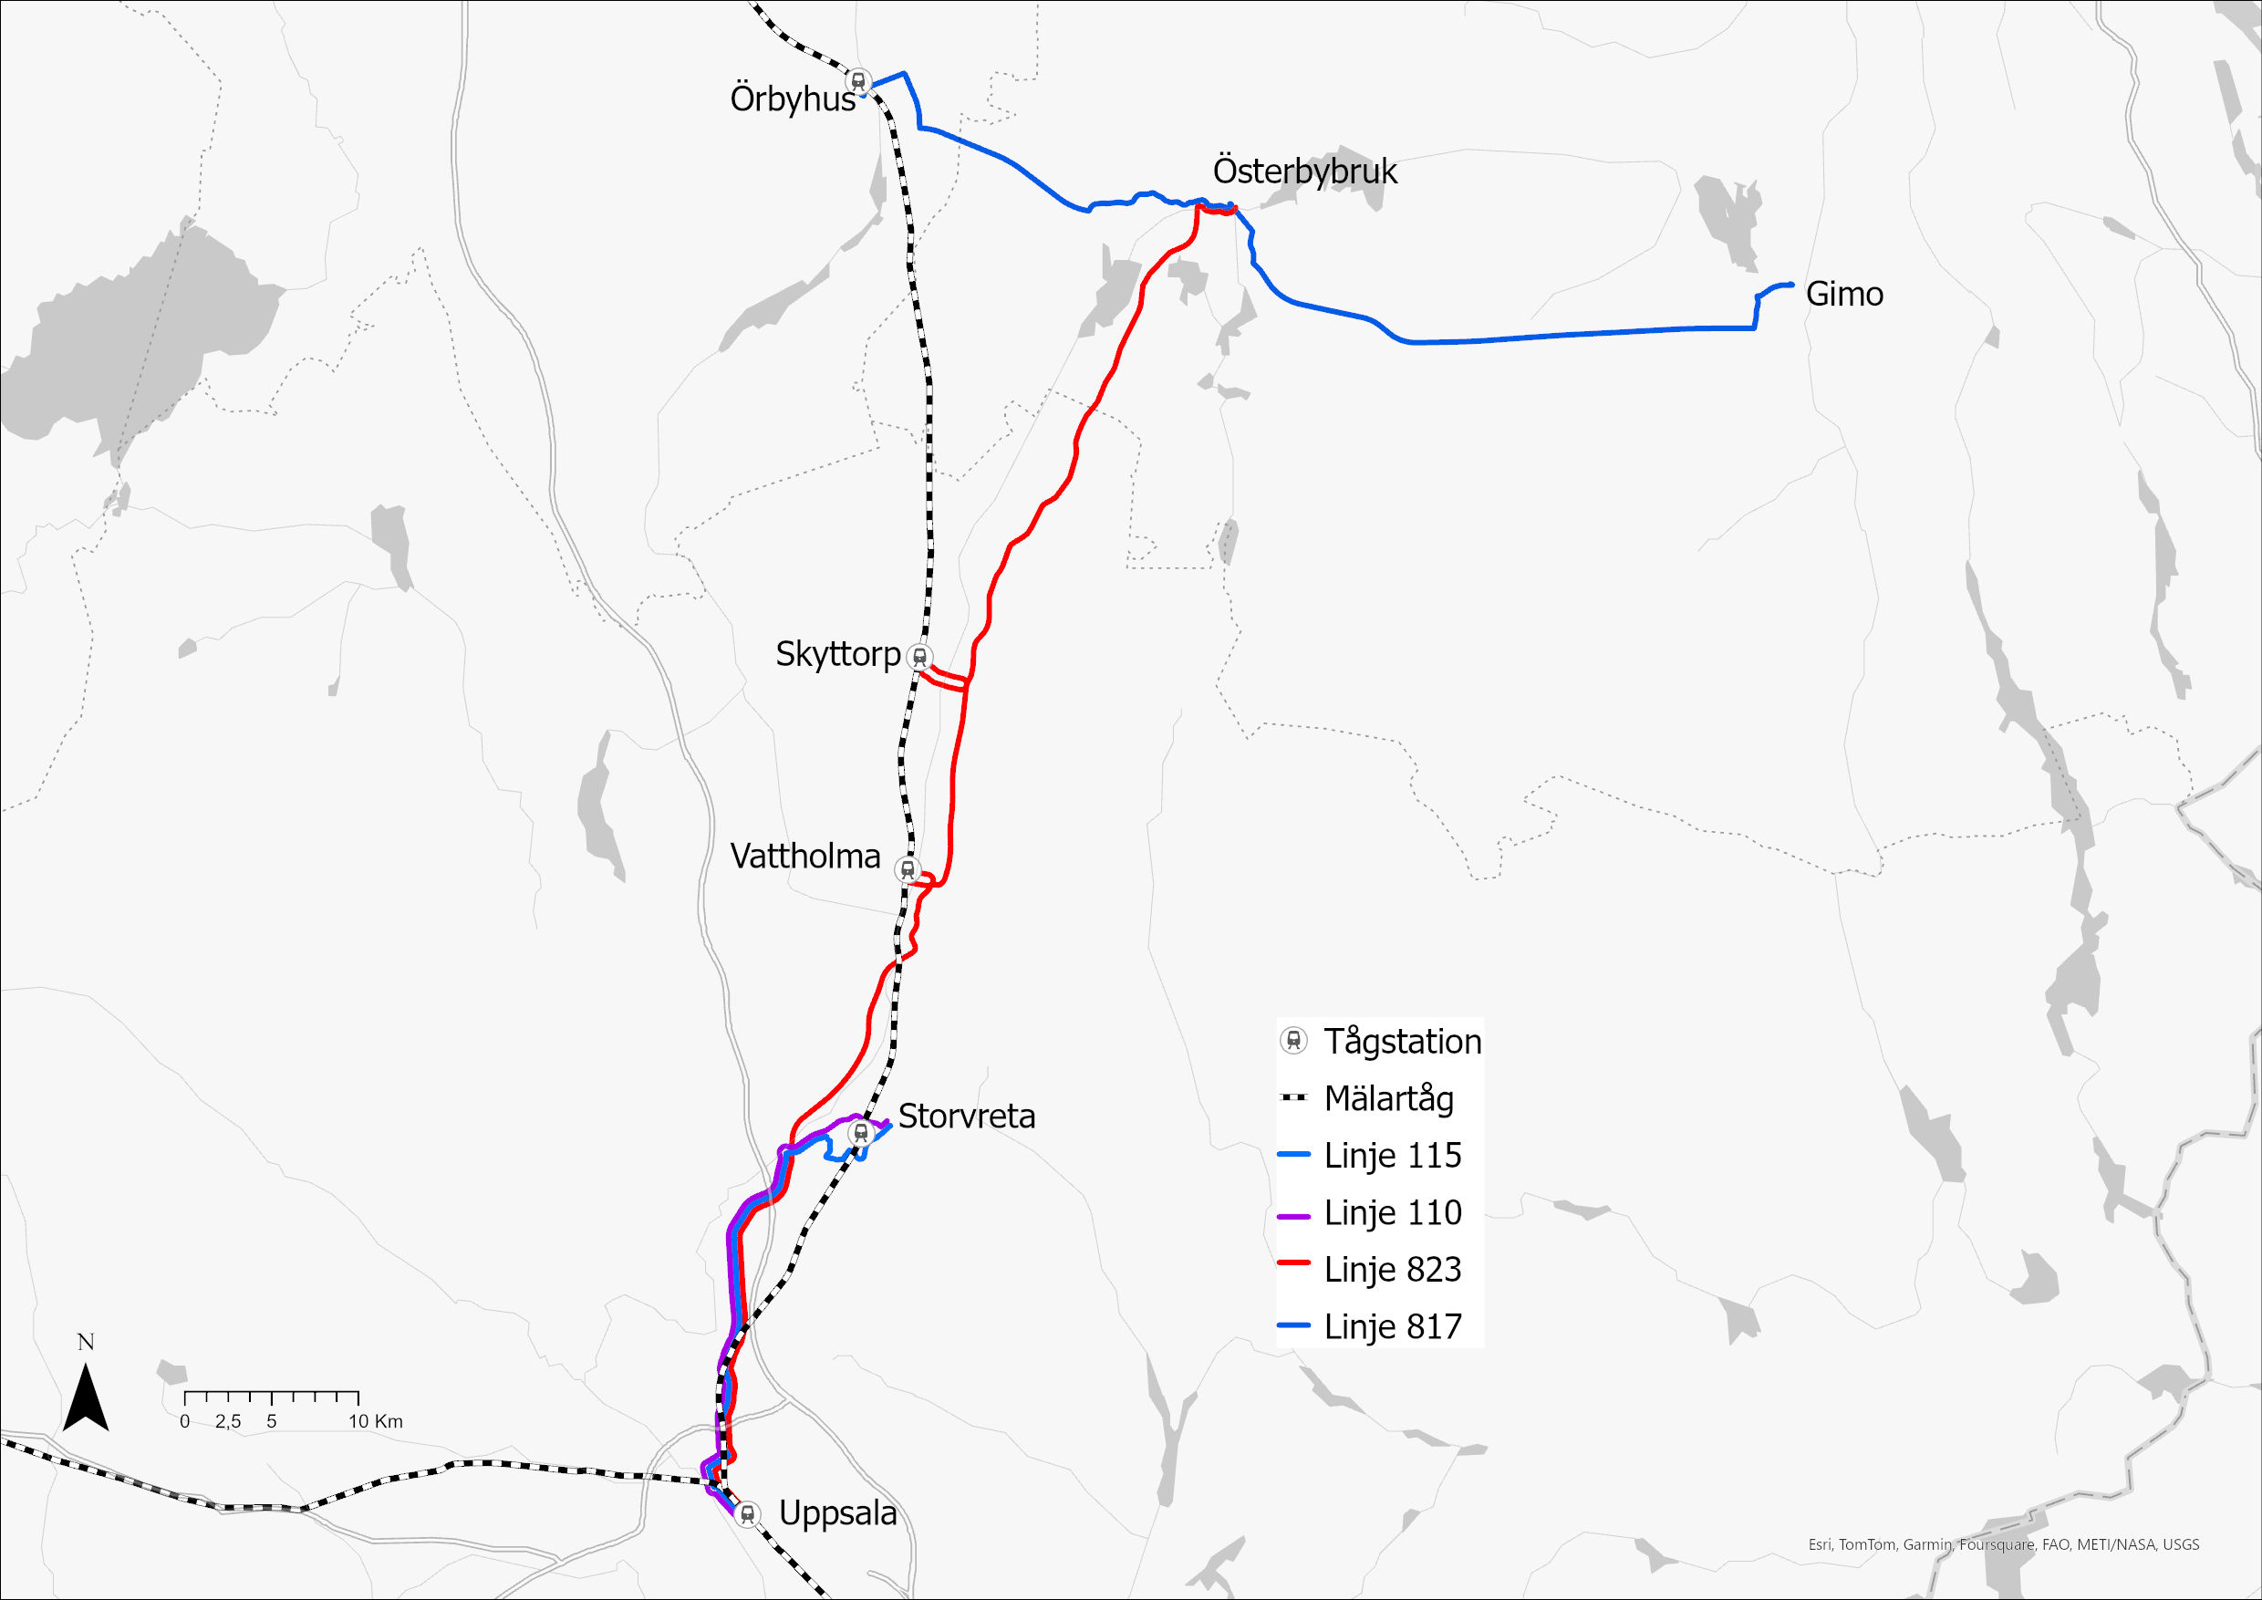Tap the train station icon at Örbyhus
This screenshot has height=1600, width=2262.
[x=858, y=81]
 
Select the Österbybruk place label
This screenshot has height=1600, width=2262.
[x=1304, y=171]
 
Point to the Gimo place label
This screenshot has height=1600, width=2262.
[x=1844, y=294]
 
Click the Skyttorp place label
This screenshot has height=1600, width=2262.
[x=837, y=654]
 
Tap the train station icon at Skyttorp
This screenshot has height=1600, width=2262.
[x=919, y=656]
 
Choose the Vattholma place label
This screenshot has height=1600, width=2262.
[x=804, y=857]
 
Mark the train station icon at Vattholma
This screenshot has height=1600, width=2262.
[x=907, y=870]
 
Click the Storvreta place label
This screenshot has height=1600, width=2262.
[x=967, y=1117]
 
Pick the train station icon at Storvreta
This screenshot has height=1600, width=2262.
[x=860, y=1133]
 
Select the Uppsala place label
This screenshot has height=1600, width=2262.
[x=837, y=1513]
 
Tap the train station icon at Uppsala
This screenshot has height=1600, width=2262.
[x=748, y=1513]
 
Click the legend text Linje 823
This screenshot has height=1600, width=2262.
[x=1392, y=1270]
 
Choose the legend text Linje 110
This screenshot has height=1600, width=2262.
[x=1392, y=1213]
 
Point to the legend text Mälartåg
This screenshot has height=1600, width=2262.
[x=1388, y=1098]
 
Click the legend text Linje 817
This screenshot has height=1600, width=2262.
[x=1392, y=1327]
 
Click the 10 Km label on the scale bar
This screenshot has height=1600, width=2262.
[x=376, y=1422]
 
